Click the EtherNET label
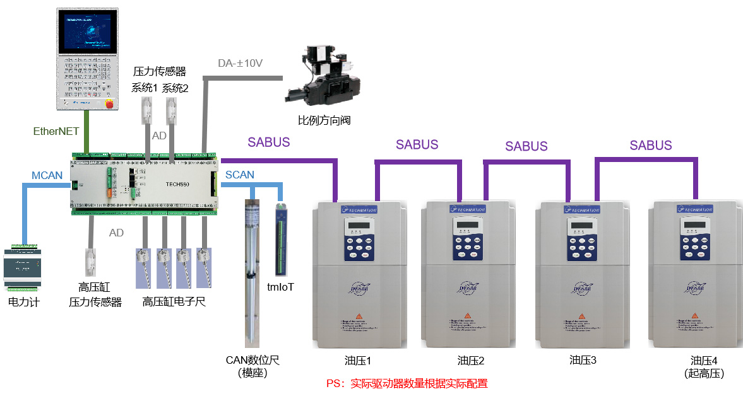point(56,131)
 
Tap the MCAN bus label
point(47,175)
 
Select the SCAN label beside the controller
point(240,175)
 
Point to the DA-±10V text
point(240,63)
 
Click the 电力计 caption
point(23,302)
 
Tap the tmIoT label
point(280,287)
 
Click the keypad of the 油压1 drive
point(359,238)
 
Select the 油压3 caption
point(583,361)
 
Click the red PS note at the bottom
point(407,383)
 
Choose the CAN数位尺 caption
point(253,361)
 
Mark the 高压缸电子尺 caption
point(174,302)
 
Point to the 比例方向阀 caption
point(324,120)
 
